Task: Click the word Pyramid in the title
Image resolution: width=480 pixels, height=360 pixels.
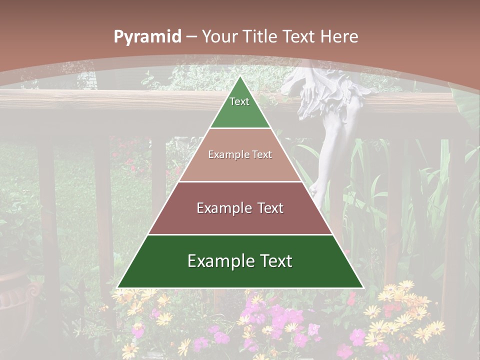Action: point(147,37)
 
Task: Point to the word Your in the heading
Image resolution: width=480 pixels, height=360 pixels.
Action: point(220,37)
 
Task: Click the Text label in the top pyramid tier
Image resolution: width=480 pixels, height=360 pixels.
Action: point(239,101)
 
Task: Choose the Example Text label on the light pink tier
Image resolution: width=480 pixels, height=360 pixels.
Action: point(240,154)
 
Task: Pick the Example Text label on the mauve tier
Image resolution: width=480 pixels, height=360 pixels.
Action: point(240,208)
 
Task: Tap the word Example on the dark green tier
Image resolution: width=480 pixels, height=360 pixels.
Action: point(216,261)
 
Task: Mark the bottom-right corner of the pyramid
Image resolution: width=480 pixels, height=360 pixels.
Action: point(363,287)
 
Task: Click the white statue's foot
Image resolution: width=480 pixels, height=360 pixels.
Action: point(315,190)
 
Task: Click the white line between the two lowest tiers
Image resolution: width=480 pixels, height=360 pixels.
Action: point(240,234)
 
